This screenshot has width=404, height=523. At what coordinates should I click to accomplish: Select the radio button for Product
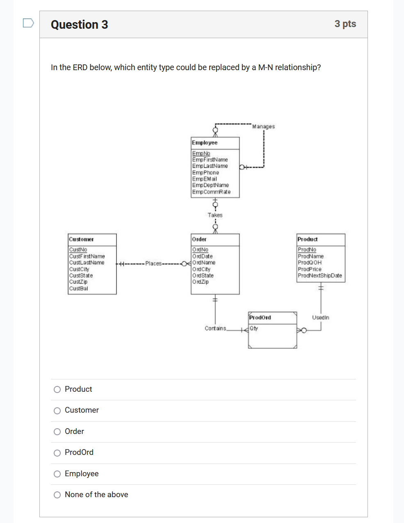tap(57, 389)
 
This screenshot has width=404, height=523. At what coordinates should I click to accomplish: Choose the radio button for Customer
tap(57, 411)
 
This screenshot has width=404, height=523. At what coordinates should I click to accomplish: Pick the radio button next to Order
tap(57, 432)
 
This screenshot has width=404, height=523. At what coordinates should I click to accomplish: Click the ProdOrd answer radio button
tap(57, 453)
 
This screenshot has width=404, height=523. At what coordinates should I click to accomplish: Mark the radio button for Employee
tap(57, 474)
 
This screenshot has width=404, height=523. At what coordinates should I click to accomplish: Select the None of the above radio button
tap(57, 495)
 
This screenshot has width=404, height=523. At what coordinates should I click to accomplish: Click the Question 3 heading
tap(80, 25)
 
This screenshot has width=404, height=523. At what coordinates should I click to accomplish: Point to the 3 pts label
tap(345, 24)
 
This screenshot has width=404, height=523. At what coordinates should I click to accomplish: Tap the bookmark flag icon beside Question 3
tap(28, 23)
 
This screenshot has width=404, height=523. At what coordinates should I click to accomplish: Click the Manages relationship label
tap(263, 126)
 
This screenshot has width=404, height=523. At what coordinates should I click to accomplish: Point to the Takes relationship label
tap(215, 215)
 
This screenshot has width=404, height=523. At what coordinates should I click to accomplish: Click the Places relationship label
tap(153, 263)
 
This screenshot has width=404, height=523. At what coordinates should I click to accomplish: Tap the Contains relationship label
tap(215, 328)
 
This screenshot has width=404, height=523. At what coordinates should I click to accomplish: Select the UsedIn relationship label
tap(320, 317)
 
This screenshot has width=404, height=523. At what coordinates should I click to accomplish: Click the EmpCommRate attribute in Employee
tap(211, 192)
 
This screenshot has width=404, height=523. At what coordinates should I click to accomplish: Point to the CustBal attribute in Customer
tap(78, 288)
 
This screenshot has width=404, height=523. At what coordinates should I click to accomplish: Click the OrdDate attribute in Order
tap(203, 256)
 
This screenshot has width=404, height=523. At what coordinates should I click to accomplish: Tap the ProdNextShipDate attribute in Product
tap(320, 276)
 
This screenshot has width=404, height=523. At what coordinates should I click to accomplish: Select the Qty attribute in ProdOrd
tap(254, 328)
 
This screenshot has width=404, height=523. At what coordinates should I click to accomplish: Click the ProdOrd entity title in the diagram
tap(260, 317)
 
